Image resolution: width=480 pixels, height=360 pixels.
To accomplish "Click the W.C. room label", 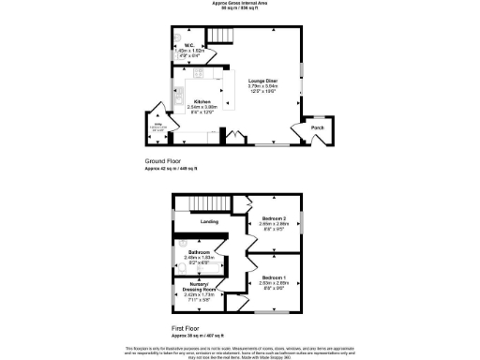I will [x=188, y=44].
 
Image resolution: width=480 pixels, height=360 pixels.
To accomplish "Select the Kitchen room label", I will [x=202, y=100].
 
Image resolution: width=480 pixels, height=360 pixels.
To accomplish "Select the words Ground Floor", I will [x=162, y=161].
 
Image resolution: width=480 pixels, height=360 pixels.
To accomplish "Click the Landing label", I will [x=209, y=221].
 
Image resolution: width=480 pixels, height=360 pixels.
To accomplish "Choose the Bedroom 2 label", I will [x=275, y=220].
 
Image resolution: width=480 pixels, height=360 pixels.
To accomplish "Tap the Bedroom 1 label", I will [x=275, y=277].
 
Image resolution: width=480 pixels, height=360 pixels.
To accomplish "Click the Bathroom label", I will [x=198, y=252].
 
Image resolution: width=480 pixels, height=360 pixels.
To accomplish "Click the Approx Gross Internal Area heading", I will [x=241, y=4].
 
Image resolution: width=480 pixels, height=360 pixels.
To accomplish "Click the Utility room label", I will [x=158, y=123].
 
